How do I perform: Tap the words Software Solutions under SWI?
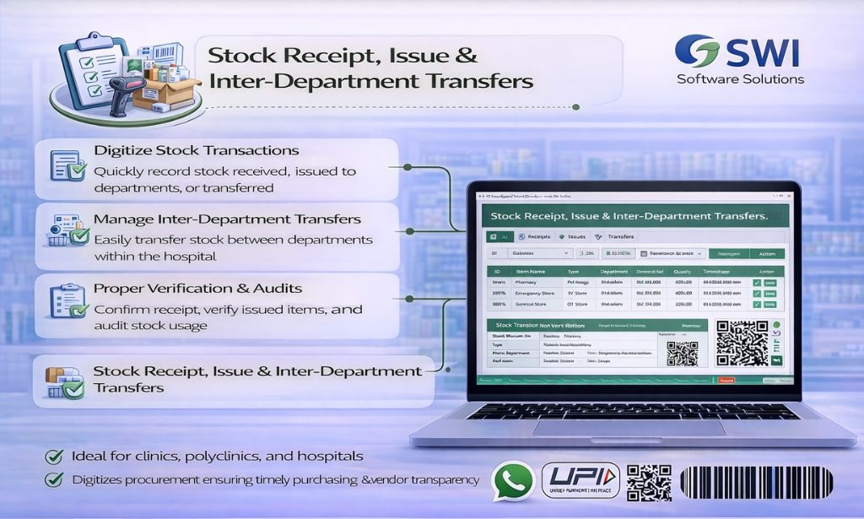point(740,79)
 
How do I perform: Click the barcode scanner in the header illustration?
point(119,88)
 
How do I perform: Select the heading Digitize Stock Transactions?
point(196,150)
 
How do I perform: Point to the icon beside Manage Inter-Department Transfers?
point(67,230)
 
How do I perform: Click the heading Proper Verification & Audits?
point(197,289)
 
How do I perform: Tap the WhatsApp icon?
point(513,480)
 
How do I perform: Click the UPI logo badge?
point(580,480)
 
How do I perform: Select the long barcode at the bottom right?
point(756,484)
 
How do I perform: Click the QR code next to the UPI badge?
point(649,482)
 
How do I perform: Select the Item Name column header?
point(532,272)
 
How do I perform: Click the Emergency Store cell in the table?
point(533,294)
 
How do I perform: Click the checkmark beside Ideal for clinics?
point(55,457)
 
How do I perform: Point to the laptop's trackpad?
point(629,428)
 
